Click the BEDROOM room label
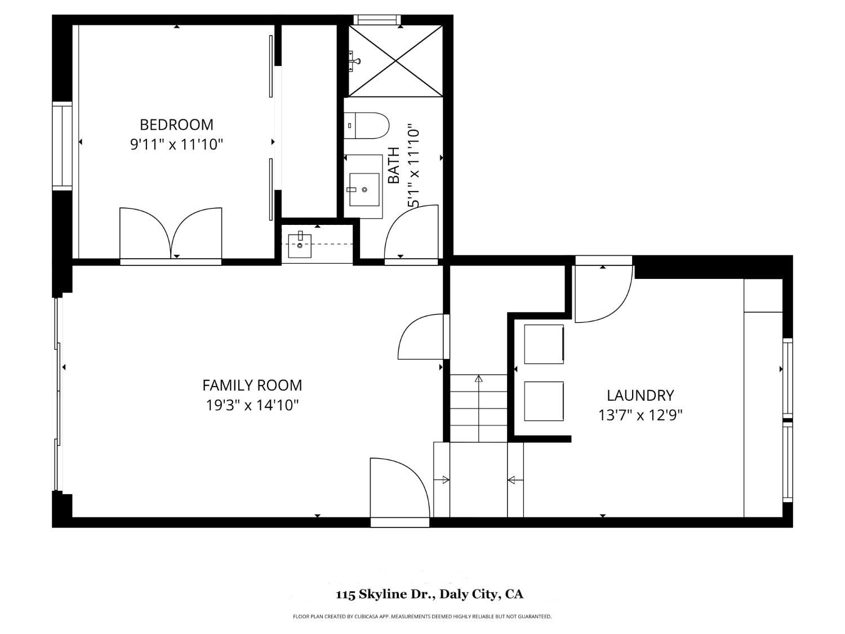[176, 125]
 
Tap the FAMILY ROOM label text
[252, 385]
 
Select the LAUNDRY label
[640, 396]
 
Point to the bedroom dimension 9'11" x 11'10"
[177, 145]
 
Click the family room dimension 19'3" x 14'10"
[252, 405]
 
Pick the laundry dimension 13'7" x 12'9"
[640, 415]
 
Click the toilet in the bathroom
[366, 126]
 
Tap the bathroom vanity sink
[364, 189]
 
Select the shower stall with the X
[395, 61]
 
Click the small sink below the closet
[300, 246]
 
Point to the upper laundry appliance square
[544, 344]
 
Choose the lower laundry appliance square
[544, 401]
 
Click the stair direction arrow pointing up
[478, 409]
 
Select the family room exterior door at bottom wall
[399, 488]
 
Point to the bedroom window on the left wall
[62, 145]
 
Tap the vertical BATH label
[394, 166]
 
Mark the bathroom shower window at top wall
[377, 19]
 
